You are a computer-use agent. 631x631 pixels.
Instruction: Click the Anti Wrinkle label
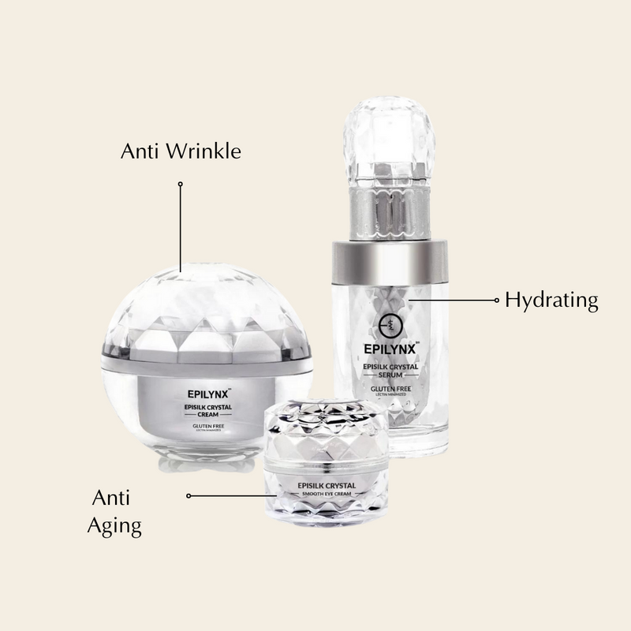point(181,151)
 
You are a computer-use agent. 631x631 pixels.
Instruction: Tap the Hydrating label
point(551,300)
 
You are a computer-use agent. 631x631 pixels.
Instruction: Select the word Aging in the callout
point(115,526)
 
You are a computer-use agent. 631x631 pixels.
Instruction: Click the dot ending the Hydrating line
point(496,300)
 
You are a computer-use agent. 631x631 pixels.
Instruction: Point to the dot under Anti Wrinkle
point(181,184)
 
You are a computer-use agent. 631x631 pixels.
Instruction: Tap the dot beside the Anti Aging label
point(189,495)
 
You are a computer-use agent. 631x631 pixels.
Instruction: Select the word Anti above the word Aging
point(111,498)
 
